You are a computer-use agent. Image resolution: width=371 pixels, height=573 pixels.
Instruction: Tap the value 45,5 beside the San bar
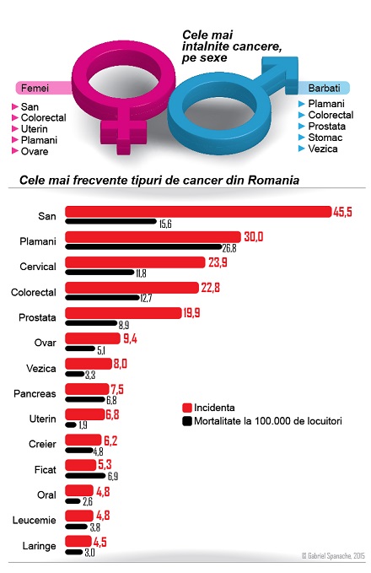(x=342, y=212)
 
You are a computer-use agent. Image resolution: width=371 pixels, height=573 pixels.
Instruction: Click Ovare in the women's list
(x=35, y=152)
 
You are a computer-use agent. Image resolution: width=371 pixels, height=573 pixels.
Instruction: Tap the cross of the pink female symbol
(x=121, y=133)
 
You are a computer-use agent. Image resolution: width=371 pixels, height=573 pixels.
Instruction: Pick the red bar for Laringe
(x=78, y=541)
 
